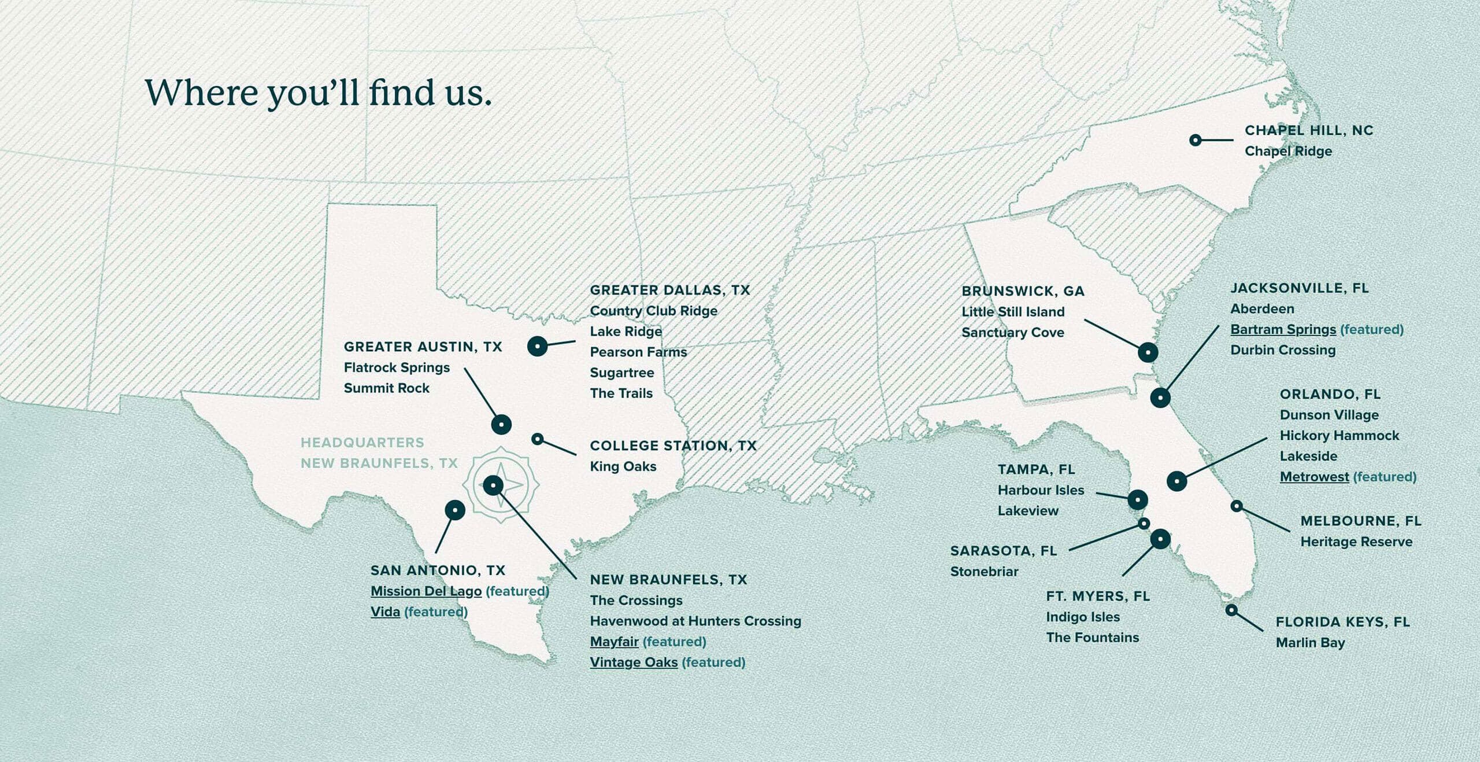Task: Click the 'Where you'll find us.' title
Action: [x=318, y=93]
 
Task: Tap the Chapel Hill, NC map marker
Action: [x=1196, y=140]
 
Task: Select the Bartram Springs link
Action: [x=1283, y=329]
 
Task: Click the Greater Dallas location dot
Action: [x=537, y=346]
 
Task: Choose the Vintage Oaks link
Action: [x=634, y=662]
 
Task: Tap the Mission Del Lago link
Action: [x=426, y=591]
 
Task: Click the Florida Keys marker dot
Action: [x=1231, y=610]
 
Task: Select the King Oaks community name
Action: [x=623, y=466]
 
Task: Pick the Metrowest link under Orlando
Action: [x=1314, y=477]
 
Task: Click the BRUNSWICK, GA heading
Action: [x=1023, y=291]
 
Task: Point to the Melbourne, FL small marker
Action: [x=1237, y=506]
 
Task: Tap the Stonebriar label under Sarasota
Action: [x=984, y=572]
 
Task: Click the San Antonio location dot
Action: [x=455, y=510]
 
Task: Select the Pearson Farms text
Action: [x=638, y=352]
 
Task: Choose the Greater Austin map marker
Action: [x=501, y=424]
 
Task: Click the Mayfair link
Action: [x=614, y=642]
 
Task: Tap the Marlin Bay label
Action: [x=1310, y=643]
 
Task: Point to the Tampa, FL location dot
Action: [x=1137, y=499]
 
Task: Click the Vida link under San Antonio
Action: [x=385, y=612]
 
